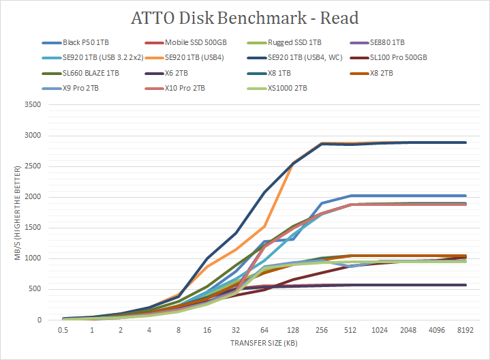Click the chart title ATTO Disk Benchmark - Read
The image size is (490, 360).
tap(245, 17)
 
